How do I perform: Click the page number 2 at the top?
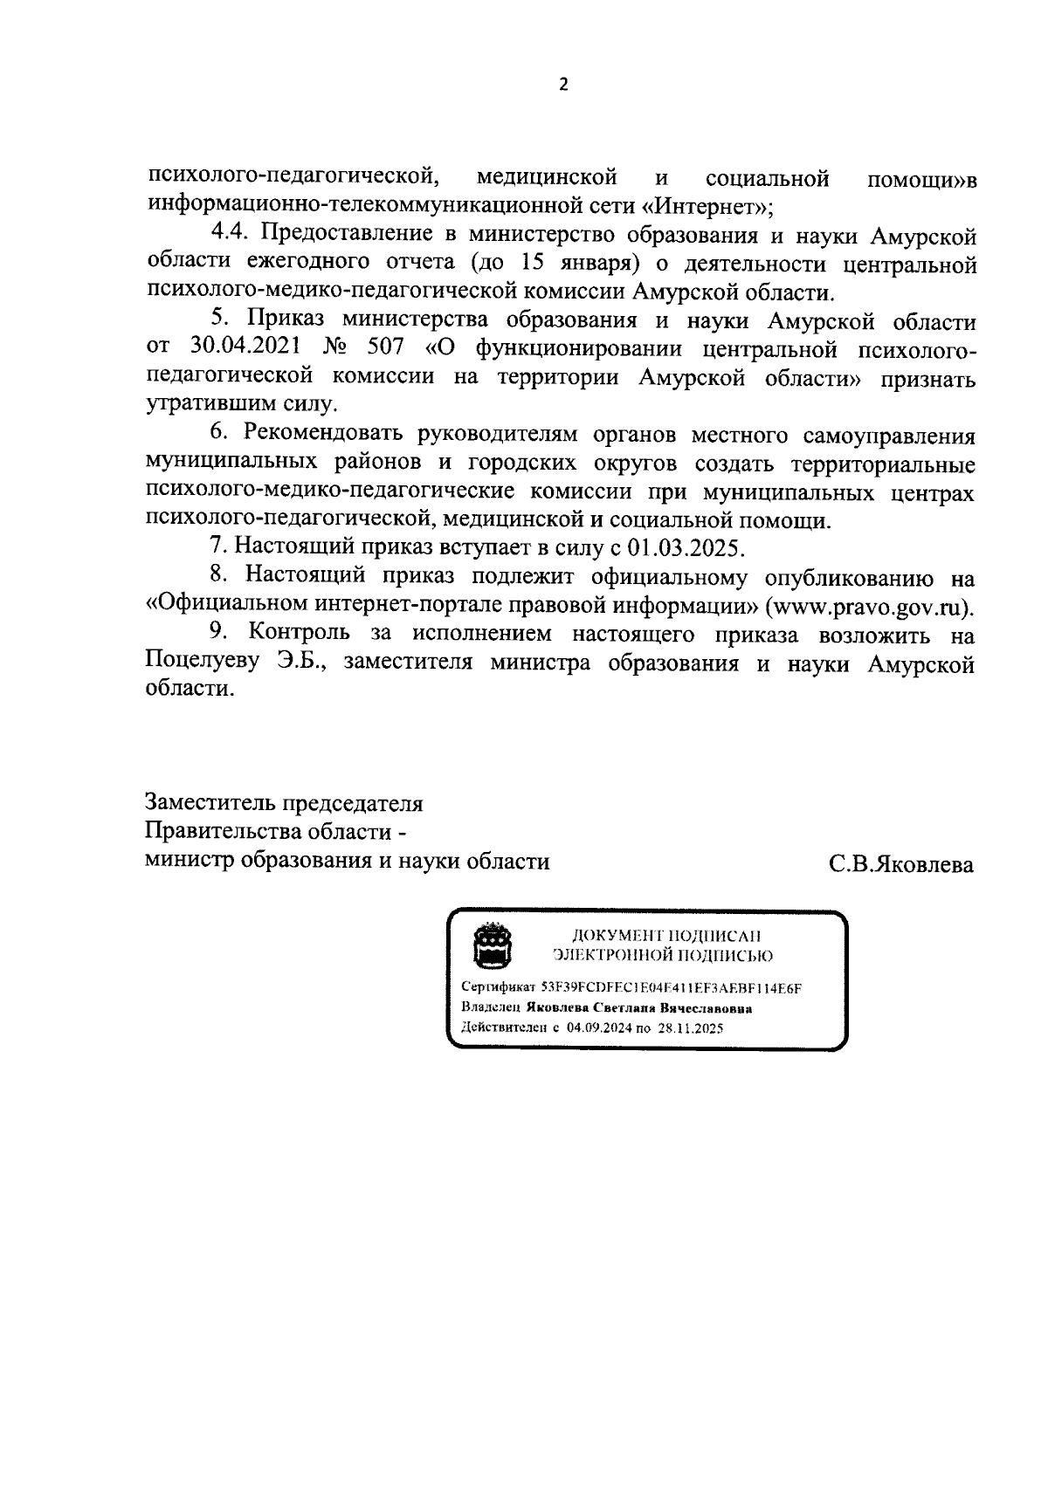tap(562, 86)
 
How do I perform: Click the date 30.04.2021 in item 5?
tap(244, 349)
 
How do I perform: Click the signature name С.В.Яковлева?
tap(901, 864)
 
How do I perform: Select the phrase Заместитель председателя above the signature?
tap(284, 802)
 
